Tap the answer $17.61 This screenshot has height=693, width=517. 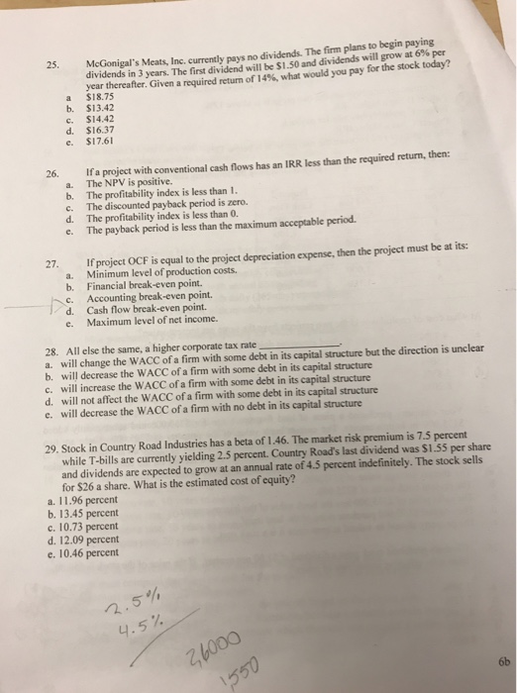[102, 143]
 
